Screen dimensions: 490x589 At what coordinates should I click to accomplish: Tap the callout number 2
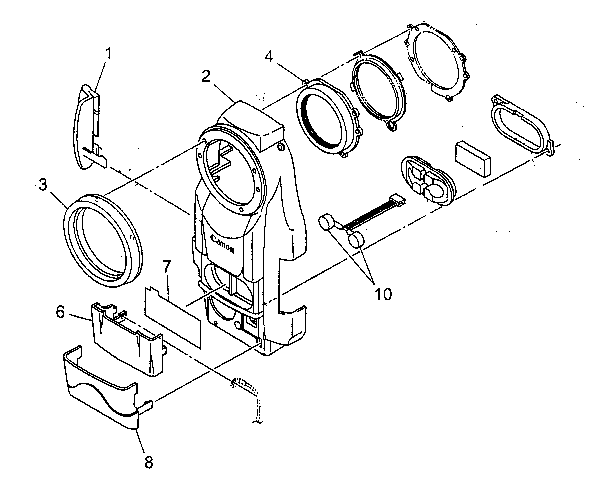(x=206, y=77)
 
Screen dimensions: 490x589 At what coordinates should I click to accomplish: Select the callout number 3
(x=43, y=185)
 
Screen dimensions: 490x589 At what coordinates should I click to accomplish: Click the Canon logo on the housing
(x=223, y=244)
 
